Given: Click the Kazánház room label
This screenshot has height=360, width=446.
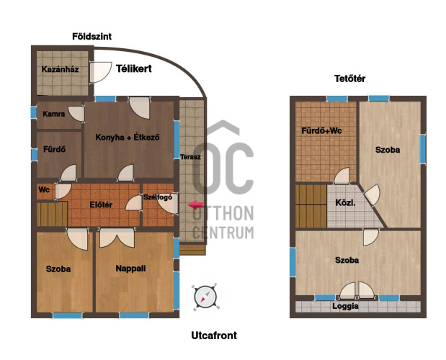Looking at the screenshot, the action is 60,69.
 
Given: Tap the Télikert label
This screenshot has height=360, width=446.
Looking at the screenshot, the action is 134,68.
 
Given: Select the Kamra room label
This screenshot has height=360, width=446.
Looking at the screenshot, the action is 54,114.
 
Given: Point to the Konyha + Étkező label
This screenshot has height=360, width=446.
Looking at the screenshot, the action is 128,138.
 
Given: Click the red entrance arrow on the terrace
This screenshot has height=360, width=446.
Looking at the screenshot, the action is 196,205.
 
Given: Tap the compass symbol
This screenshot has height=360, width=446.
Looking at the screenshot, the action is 205,297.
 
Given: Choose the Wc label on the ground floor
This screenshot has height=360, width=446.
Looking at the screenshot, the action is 44,189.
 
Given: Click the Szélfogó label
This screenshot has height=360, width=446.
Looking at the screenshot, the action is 158,197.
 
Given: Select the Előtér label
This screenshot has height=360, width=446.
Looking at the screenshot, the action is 101,205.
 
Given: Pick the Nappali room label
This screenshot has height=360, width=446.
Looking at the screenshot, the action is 130,269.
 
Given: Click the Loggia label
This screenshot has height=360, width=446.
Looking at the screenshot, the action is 345,306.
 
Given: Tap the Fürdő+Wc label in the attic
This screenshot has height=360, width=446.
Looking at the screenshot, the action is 321,131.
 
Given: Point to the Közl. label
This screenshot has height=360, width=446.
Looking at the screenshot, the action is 345,203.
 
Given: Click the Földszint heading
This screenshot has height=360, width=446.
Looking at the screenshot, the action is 92,37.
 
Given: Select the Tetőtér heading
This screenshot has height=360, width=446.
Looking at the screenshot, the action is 350,78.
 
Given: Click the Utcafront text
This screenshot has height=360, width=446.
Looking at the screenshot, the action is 214,336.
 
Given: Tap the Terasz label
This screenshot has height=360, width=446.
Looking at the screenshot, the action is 190,157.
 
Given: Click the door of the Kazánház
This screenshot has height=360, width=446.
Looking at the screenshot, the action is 101,73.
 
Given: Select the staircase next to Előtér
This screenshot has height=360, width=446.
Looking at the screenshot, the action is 52,214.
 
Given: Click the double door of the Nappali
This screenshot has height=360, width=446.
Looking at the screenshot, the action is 117,238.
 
